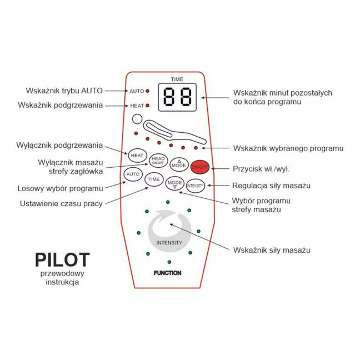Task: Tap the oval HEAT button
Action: (x=137, y=155)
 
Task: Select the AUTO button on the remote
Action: (x=133, y=174)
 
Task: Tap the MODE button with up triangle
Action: (x=179, y=164)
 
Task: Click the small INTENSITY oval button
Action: (x=196, y=186)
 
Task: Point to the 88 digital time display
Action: (x=177, y=98)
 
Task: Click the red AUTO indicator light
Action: (x=148, y=90)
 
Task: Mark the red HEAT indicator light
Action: (x=148, y=105)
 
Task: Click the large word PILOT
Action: (x=62, y=260)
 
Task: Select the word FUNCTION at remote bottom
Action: (x=168, y=273)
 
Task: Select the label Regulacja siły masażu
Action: (x=271, y=185)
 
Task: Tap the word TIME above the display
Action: (x=177, y=79)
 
